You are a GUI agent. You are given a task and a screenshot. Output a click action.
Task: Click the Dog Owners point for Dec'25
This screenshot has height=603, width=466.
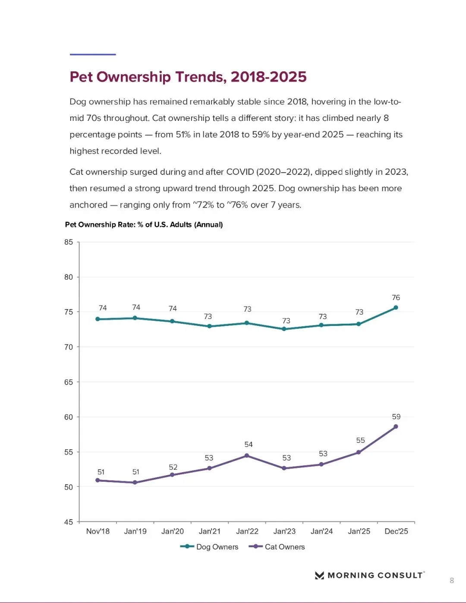[x=396, y=308]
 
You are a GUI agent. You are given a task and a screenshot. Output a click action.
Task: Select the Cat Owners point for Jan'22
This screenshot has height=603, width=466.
[x=247, y=456]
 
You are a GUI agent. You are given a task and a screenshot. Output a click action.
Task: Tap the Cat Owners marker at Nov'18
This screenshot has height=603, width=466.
[x=98, y=480]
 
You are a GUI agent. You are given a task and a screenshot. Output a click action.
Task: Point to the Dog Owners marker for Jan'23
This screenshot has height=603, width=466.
[x=284, y=329]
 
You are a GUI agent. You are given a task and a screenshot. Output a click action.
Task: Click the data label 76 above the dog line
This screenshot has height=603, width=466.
[x=396, y=298]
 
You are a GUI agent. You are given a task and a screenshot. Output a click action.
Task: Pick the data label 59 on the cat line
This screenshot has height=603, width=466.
[x=396, y=417]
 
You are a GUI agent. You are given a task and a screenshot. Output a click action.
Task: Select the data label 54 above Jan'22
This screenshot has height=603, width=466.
[x=249, y=445]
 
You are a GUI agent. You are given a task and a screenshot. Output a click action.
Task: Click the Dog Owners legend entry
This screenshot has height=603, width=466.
[x=210, y=547]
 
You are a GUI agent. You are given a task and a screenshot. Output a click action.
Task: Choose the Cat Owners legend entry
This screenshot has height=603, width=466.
[x=277, y=547]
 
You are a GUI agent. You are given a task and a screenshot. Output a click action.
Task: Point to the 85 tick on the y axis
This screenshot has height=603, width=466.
[x=69, y=242]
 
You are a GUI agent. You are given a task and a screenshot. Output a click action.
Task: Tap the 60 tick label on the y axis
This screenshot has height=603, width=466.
[x=69, y=417]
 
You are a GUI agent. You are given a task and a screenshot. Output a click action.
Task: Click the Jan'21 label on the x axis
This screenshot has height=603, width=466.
[x=210, y=531]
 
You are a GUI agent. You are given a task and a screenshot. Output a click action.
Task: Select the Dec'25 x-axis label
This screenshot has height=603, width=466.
[x=396, y=531]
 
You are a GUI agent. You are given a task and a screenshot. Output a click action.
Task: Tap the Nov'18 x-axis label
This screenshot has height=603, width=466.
[x=98, y=531]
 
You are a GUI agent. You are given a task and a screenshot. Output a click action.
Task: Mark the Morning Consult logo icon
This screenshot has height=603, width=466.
[x=319, y=575]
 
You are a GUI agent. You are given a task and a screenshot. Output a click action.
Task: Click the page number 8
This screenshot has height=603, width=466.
[x=452, y=581]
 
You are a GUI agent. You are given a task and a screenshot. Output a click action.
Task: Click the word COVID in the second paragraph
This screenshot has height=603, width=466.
[x=240, y=172]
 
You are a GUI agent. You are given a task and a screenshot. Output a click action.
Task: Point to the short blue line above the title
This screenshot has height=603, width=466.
[x=93, y=54]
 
